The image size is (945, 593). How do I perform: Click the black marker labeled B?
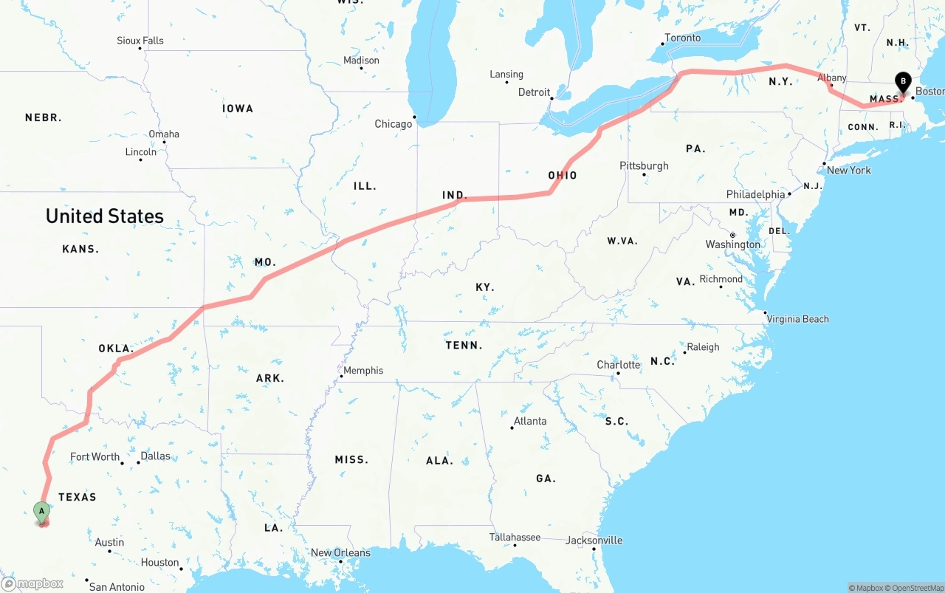click(902, 82)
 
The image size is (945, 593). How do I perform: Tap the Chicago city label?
click(393, 124)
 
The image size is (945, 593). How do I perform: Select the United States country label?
click(104, 216)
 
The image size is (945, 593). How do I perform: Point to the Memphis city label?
click(363, 371)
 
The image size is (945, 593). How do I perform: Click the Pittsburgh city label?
click(644, 165)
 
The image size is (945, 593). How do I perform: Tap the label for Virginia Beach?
click(797, 319)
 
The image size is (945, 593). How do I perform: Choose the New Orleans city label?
click(340, 552)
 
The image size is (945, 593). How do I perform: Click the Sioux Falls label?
click(140, 41)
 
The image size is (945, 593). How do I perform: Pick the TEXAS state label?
click(78, 497)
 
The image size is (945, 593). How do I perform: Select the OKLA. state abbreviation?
click(116, 349)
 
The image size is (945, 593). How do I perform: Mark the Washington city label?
click(732, 244)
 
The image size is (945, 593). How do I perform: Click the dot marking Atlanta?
click(512, 428)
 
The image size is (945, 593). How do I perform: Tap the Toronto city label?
click(682, 38)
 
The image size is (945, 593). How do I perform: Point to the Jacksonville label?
click(594, 541)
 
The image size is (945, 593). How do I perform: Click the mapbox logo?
click(32, 583)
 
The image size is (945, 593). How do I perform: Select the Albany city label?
click(832, 78)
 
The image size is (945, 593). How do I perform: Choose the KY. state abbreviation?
click(485, 287)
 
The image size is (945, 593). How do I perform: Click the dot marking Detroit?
click(551, 97)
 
